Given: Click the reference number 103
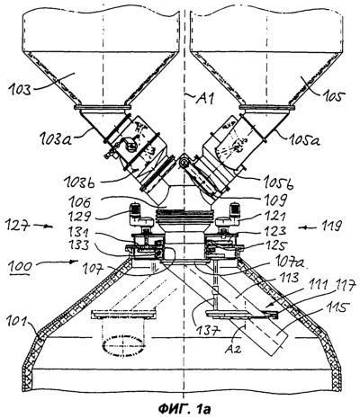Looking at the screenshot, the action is pos(21,90).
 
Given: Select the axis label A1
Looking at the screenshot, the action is pos(205,99).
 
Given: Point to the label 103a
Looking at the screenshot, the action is pos(55,139).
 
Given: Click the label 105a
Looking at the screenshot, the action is pos(304,139).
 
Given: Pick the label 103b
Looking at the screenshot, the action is pos(79,182).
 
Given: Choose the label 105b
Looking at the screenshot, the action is pos(279,183).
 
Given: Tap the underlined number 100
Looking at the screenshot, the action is pos(20,267).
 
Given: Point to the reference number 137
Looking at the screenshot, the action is pos(207,330).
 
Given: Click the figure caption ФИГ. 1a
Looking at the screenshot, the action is pos(184,408).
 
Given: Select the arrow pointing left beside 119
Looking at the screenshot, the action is pos(307,227).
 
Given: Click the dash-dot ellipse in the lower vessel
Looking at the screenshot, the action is pos(123,346).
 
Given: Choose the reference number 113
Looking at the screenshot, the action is pos(287,278).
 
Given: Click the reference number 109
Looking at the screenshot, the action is pos(276,199).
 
